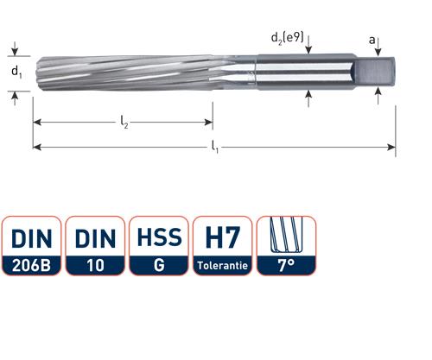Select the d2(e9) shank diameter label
(287, 38)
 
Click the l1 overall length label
(214, 150)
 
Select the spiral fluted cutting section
(121, 72)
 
